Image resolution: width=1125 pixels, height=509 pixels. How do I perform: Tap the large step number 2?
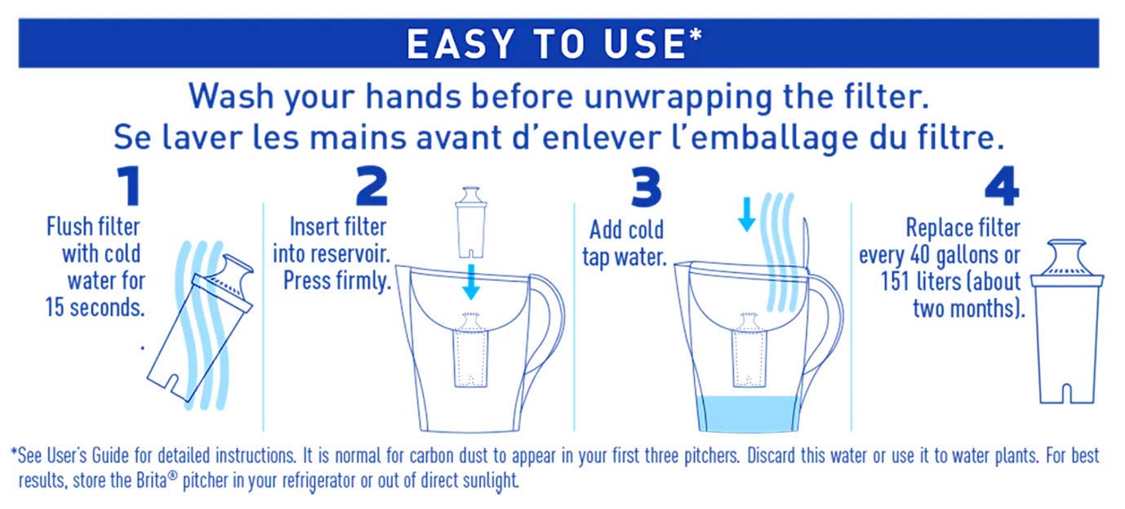click(x=371, y=187)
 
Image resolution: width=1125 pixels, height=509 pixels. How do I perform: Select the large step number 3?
click(x=646, y=187)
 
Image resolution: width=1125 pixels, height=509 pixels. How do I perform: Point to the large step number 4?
click(x=1002, y=187)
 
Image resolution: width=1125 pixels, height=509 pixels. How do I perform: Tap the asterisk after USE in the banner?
click(x=696, y=38)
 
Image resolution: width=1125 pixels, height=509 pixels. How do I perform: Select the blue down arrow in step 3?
click(x=746, y=213)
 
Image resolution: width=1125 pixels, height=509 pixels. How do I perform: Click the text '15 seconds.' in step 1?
click(x=96, y=310)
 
